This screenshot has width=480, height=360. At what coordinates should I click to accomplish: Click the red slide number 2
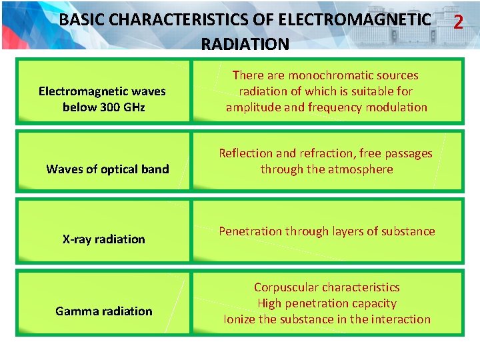click(x=457, y=22)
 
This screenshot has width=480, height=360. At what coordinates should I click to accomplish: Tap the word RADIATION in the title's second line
click(x=245, y=45)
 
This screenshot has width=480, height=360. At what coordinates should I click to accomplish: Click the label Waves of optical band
click(x=107, y=169)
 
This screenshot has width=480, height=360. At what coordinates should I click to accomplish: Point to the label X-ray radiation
click(x=103, y=239)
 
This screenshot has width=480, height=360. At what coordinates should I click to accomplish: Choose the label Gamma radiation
click(x=103, y=311)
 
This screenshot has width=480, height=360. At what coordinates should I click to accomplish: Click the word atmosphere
click(x=360, y=169)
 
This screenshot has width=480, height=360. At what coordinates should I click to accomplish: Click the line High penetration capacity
click(x=327, y=303)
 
